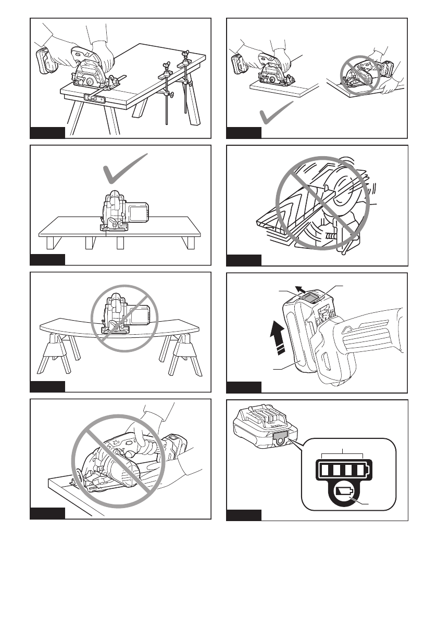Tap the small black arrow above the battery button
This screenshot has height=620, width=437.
tap(298, 288)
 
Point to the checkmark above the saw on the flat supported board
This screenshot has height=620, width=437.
tap(124, 170)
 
